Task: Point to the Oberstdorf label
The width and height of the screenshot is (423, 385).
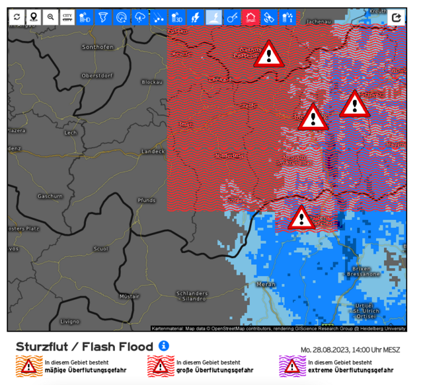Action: tap(95, 75)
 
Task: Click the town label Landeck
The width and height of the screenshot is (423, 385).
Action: tap(153, 151)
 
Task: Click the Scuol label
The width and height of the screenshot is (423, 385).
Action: tap(100, 249)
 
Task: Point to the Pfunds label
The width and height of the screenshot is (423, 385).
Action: tap(146, 199)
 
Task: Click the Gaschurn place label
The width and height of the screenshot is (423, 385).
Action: tap(50, 196)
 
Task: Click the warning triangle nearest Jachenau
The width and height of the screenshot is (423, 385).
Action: tap(268, 54)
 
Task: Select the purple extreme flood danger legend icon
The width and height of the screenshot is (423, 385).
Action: tap(291, 365)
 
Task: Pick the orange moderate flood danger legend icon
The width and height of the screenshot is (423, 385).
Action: tap(28, 365)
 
